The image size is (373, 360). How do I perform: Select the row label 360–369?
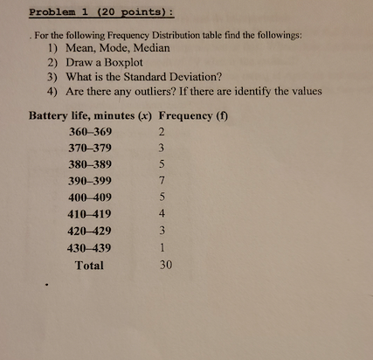pyautogui.click(x=90, y=132)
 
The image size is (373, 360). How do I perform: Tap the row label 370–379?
pyautogui.click(x=90, y=149)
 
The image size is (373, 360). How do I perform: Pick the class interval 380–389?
pyautogui.click(x=90, y=165)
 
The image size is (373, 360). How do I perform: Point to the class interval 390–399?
pyautogui.click(x=90, y=182)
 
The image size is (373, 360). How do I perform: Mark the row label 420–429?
pyautogui.click(x=90, y=232)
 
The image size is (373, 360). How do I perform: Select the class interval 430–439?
pyautogui.click(x=90, y=248)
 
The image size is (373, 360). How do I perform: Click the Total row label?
pyautogui.click(x=89, y=266)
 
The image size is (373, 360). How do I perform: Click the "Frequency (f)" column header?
pyautogui.click(x=193, y=115)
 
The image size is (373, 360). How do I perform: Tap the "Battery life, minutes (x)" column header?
pyautogui.click(x=91, y=115)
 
